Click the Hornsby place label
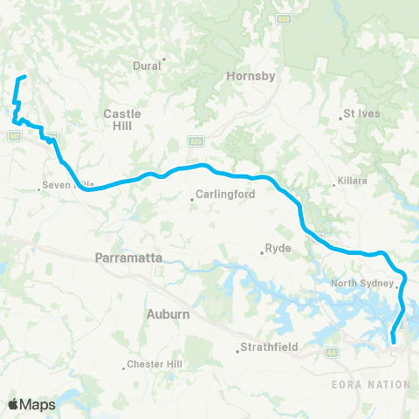(251, 76)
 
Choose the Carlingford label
(225, 195)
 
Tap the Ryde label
(278, 249)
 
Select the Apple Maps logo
(32, 404)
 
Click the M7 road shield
(15, 135)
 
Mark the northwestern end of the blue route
(24, 78)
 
